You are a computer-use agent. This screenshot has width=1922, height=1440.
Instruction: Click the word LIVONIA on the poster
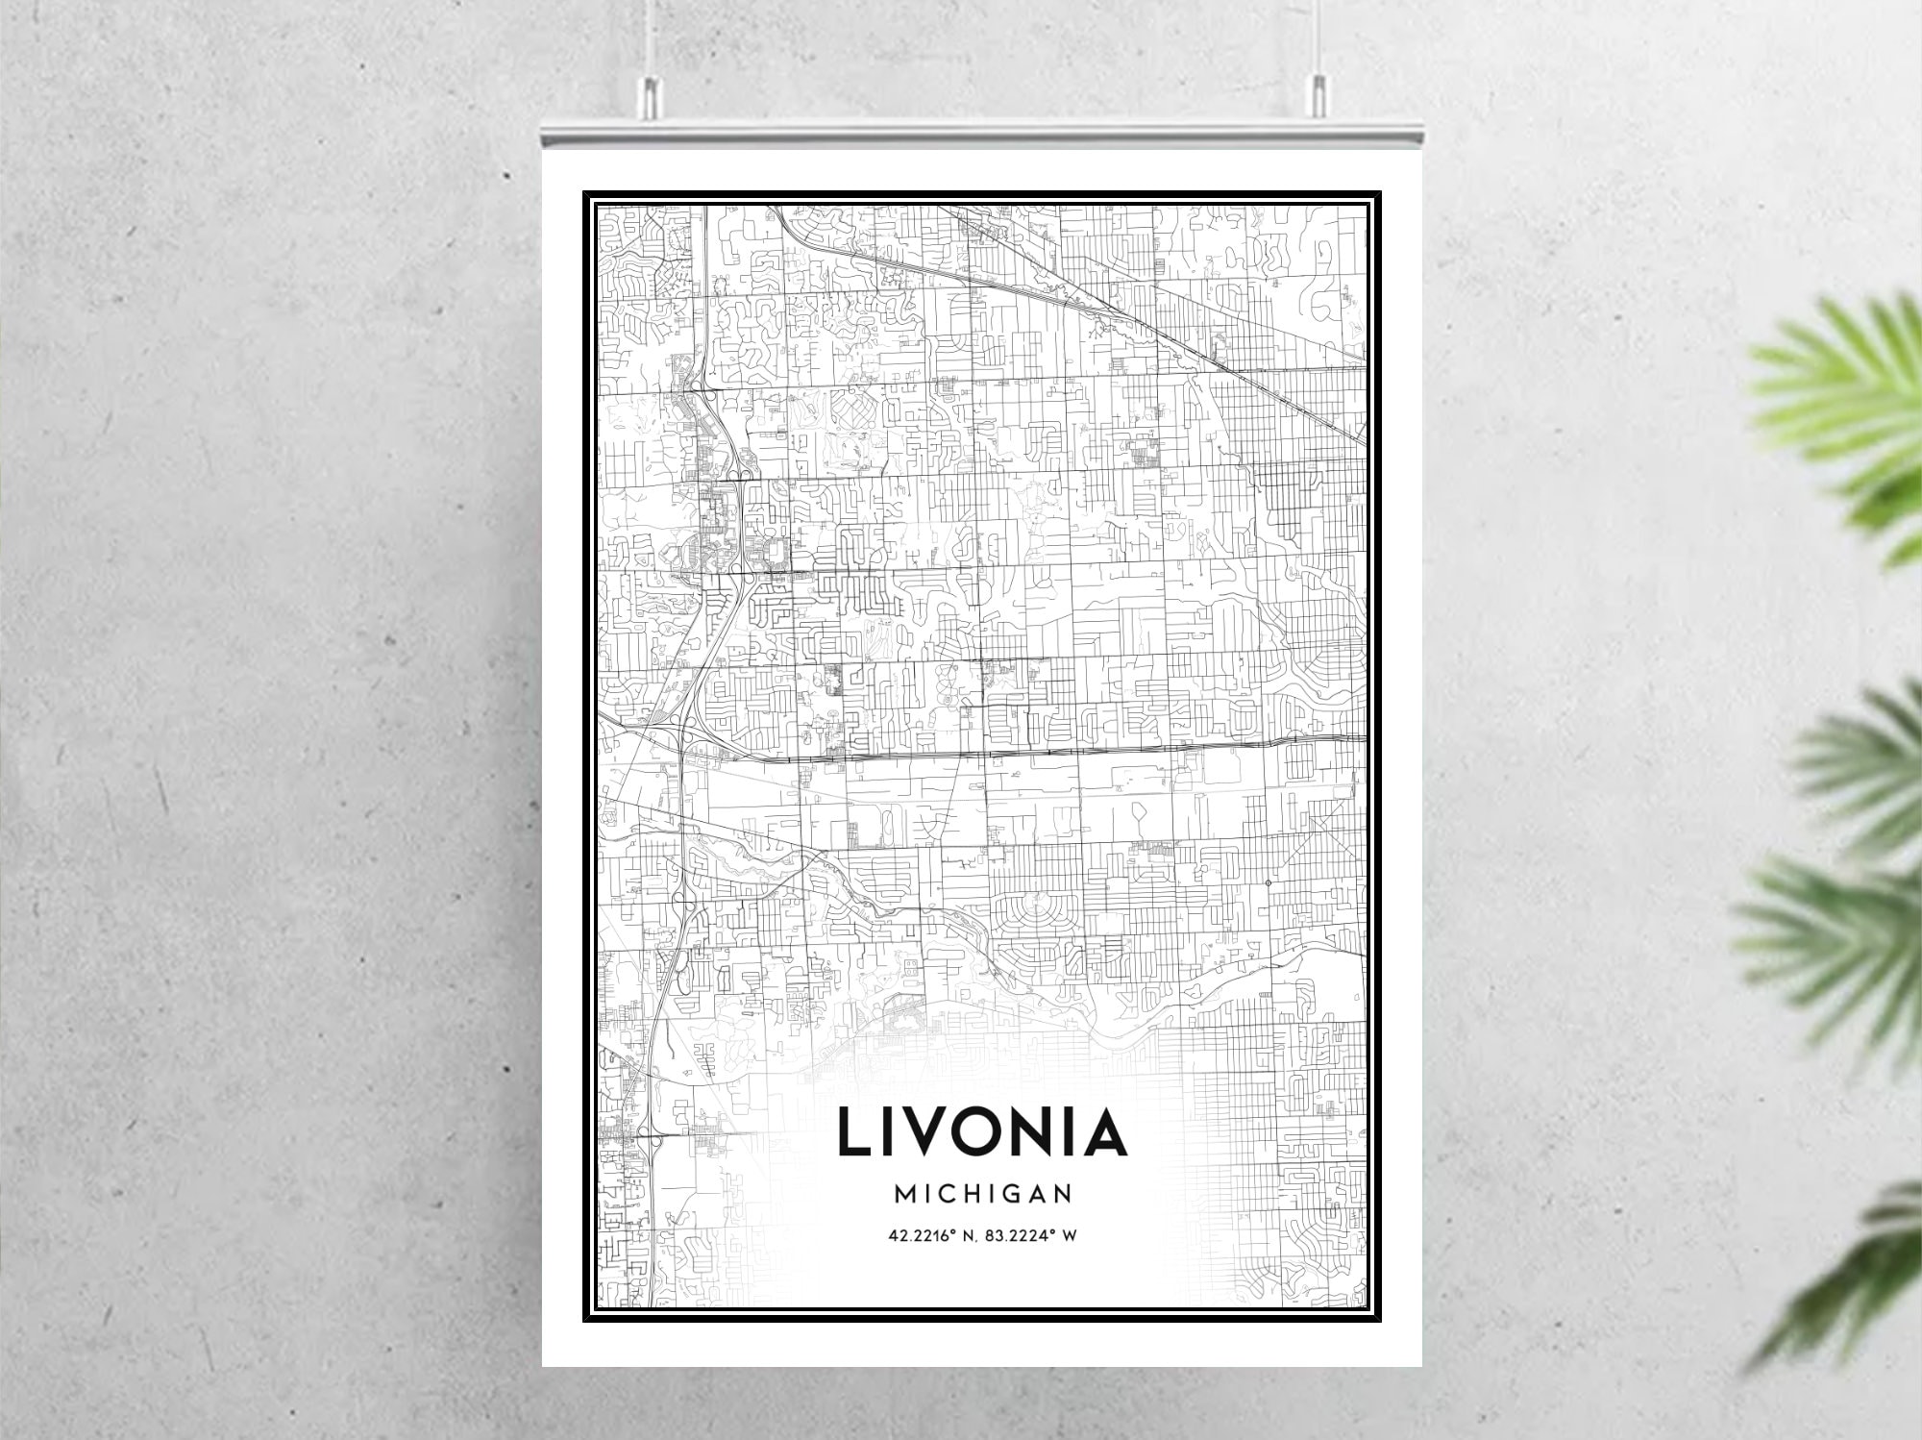click(981, 1131)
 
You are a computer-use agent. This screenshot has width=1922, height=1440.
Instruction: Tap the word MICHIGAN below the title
click(982, 1194)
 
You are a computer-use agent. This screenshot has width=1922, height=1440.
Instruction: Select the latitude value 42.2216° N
click(929, 1235)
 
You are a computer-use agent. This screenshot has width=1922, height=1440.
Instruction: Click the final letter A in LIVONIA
click(1105, 1131)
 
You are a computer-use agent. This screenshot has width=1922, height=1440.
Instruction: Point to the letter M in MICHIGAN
click(905, 1194)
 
